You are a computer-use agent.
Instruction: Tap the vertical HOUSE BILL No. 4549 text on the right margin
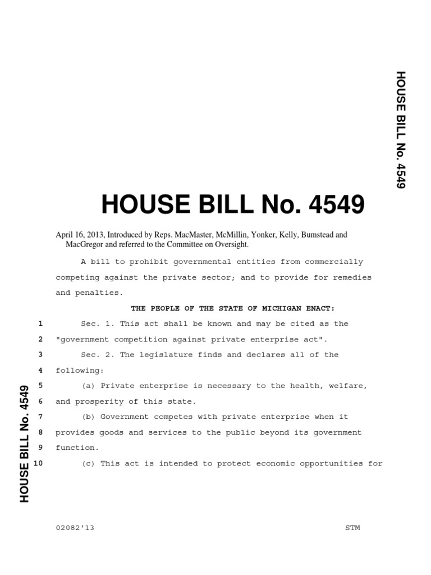(x=400, y=130)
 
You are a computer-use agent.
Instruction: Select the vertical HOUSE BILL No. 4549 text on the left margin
(x=24, y=443)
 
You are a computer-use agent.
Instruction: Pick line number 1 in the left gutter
(x=40, y=324)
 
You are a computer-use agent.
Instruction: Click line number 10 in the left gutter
(x=39, y=463)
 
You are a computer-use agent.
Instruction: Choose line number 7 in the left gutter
(x=40, y=417)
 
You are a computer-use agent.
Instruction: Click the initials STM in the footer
(x=353, y=528)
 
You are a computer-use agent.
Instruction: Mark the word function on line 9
(x=76, y=448)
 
